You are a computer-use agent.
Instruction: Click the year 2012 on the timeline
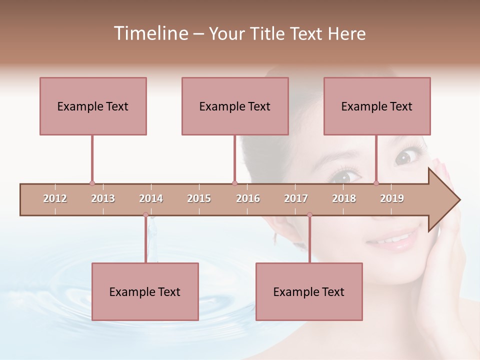pyautogui.click(x=55, y=198)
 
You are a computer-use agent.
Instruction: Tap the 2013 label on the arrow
pyautogui.click(x=103, y=198)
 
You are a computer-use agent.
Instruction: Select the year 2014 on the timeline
pyautogui.click(x=151, y=198)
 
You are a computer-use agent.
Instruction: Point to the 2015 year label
pyautogui.click(x=199, y=198)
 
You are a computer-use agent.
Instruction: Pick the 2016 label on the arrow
pyautogui.click(x=248, y=198)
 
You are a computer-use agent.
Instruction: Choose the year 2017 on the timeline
pyautogui.click(x=296, y=198)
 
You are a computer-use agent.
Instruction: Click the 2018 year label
pyautogui.click(x=344, y=198)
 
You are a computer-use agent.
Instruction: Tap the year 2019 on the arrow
pyautogui.click(x=392, y=198)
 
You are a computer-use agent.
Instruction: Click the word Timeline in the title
pyautogui.click(x=149, y=33)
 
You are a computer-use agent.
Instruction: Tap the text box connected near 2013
pyautogui.click(x=93, y=106)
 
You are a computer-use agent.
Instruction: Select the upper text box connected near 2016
pyautogui.click(x=235, y=106)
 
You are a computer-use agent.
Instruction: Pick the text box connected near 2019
pyautogui.click(x=377, y=106)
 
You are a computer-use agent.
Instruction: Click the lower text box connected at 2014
pyautogui.click(x=145, y=291)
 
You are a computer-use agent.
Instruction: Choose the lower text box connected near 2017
pyautogui.click(x=309, y=291)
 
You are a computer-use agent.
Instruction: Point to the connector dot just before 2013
pyautogui.click(x=92, y=183)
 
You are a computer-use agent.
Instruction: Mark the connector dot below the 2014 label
pyautogui.click(x=145, y=215)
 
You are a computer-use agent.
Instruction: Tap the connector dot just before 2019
pyautogui.click(x=376, y=183)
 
